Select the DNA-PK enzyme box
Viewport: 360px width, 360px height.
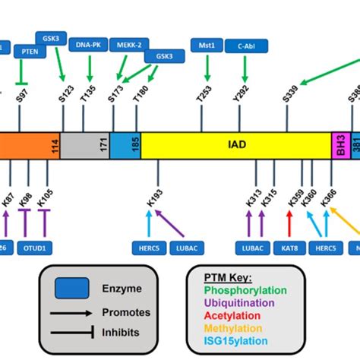[x=88, y=45]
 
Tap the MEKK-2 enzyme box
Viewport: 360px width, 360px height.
[x=128, y=45]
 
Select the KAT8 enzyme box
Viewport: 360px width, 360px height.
[x=289, y=248]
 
